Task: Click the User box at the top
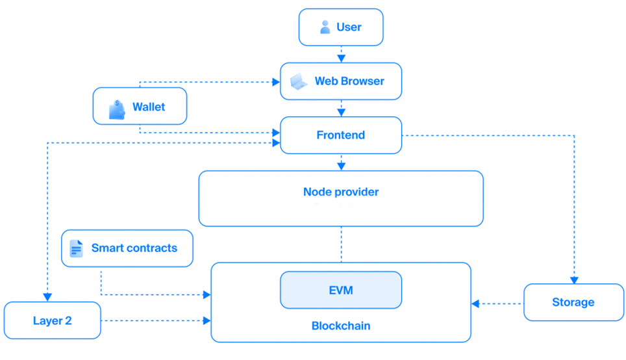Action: pos(340,27)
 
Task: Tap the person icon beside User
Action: pos(325,27)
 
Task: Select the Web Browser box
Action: pos(340,81)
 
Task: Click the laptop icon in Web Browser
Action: pos(298,82)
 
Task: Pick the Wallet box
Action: pos(140,107)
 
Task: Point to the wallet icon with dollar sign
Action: pos(117,109)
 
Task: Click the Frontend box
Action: pos(340,135)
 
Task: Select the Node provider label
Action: pos(340,192)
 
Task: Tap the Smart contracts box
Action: pos(127,248)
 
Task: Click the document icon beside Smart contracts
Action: pos(77,248)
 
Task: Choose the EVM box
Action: pos(340,290)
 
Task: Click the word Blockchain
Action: pos(340,326)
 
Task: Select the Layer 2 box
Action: pos(52,320)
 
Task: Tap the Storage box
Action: pos(573,302)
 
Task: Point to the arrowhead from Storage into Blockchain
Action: pos(475,303)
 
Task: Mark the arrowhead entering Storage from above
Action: pos(574,280)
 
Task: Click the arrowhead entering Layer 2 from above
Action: pos(47,298)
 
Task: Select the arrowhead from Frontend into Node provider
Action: pos(341,166)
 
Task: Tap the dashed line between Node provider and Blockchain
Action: pos(341,244)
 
